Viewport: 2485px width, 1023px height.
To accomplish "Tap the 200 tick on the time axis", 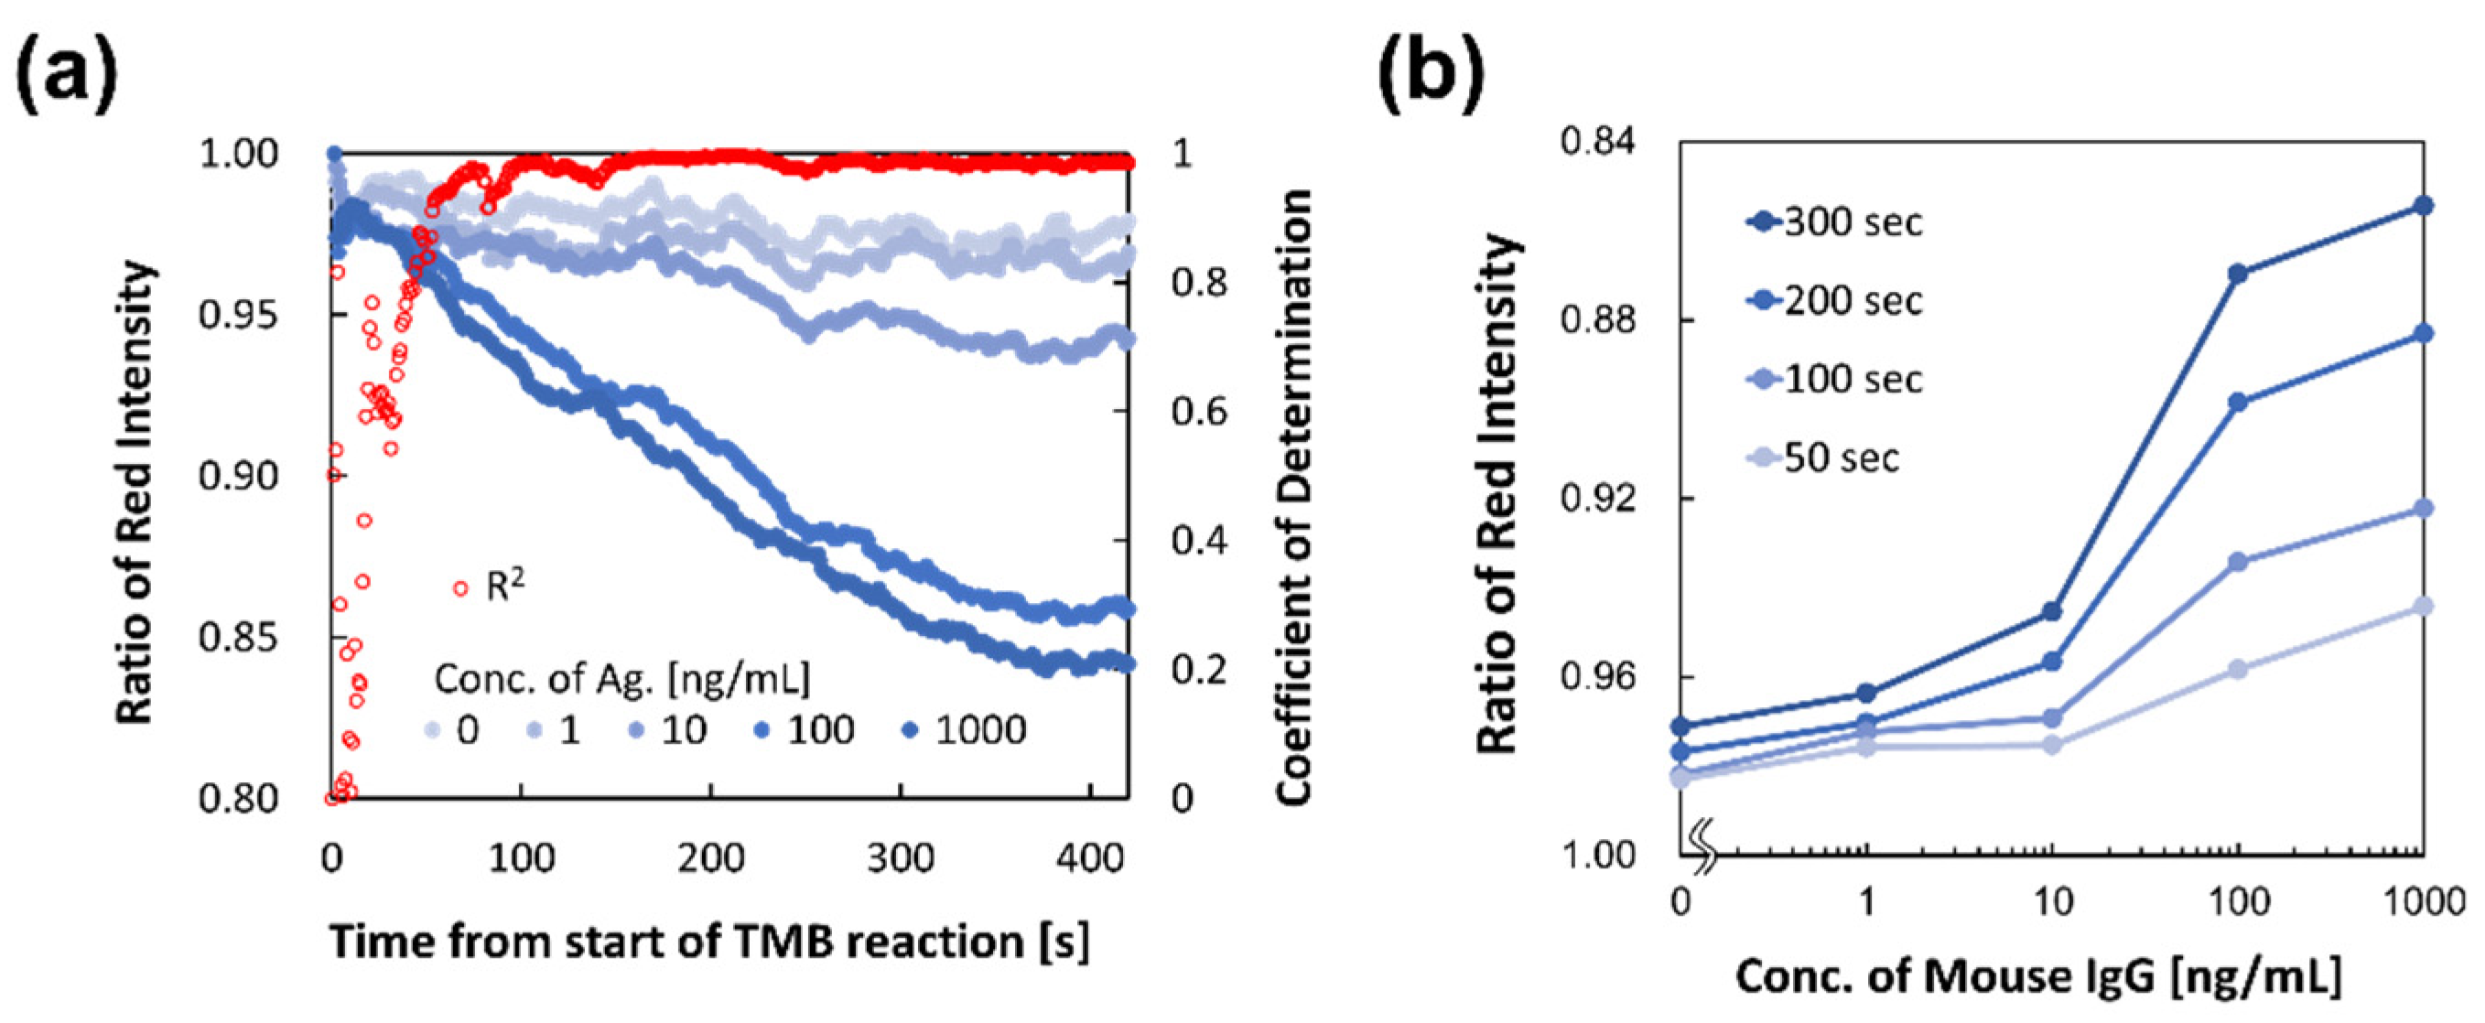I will coord(711,857).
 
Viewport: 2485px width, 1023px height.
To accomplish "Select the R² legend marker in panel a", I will coord(461,588).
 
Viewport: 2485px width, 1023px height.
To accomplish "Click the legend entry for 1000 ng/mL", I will coord(965,730).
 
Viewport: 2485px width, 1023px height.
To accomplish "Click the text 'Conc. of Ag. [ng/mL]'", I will coord(622,679).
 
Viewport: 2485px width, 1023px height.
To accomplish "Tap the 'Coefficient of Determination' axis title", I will coord(1293,497).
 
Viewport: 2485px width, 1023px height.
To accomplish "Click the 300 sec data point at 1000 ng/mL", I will coord(2422,205).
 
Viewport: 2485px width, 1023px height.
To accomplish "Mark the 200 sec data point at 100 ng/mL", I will coord(2238,402).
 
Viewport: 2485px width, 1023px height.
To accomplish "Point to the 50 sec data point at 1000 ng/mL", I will coord(2422,607).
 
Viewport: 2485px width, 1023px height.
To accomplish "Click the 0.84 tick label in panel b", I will coord(1597,143).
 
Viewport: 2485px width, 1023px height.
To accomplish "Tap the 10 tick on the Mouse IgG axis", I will coord(2052,901).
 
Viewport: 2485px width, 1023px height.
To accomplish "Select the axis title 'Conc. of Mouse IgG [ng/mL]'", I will coord(2038,977).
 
